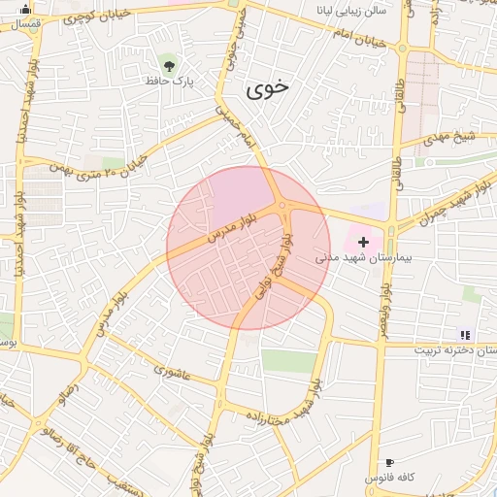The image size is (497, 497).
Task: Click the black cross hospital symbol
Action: click(x=364, y=240)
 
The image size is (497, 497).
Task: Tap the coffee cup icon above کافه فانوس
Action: click(x=389, y=462)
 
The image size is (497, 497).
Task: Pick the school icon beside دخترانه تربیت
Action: click(x=464, y=334)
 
